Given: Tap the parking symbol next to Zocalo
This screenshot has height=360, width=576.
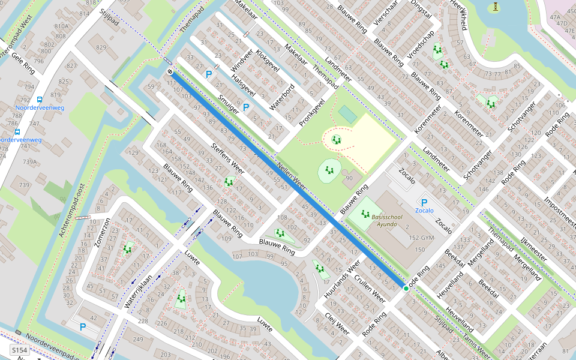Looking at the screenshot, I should (x=424, y=203).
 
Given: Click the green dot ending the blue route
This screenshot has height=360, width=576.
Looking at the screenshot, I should (x=406, y=289).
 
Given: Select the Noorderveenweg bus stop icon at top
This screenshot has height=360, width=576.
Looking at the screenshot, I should (x=40, y=100).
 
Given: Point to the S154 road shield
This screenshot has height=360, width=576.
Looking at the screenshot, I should (x=19, y=350).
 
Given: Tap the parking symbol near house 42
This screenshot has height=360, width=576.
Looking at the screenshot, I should (x=83, y=327).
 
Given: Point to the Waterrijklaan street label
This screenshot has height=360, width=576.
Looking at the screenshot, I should (x=139, y=292).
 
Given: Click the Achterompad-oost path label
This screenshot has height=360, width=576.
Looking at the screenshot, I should (x=70, y=209).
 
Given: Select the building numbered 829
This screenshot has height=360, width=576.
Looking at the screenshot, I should (x=101, y=47).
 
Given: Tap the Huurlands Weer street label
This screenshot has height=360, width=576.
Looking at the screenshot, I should (x=341, y=280).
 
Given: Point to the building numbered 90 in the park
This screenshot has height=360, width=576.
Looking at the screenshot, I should (x=349, y=178).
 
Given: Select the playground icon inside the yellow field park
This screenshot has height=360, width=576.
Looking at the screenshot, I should (x=337, y=140).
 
